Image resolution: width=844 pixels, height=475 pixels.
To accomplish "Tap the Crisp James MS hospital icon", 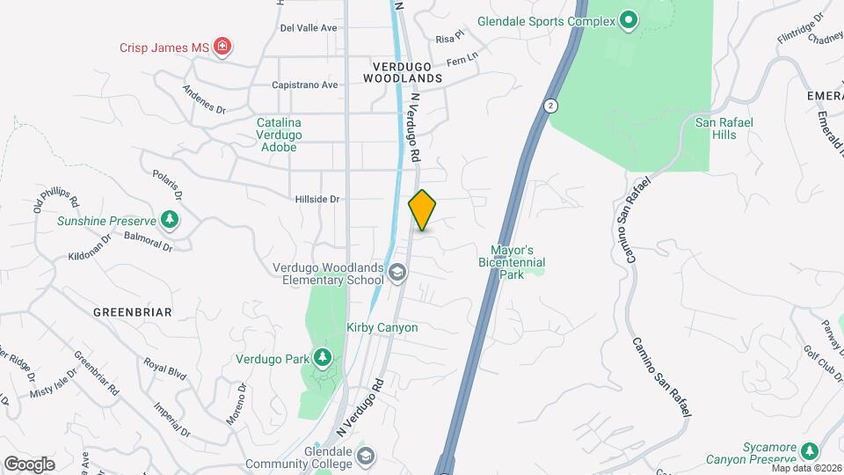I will tap(223, 47).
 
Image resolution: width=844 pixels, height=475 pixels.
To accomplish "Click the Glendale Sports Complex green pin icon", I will tap(628, 19).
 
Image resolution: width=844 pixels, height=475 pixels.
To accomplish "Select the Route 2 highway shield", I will tap(549, 106).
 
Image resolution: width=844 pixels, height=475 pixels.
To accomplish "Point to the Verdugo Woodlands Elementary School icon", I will tap(397, 273).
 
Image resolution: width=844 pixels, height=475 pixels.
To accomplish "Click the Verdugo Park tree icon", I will tap(324, 357).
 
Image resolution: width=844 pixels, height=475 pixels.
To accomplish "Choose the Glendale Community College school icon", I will tap(366, 457).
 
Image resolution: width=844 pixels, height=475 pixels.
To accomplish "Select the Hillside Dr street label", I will tap(316, 200).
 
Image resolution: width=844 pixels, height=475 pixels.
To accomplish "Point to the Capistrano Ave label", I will tap(304, 85).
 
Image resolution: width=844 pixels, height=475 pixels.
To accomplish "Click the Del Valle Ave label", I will tap(309, 28).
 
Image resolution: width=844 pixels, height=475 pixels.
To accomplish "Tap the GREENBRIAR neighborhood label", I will tap(132, 312).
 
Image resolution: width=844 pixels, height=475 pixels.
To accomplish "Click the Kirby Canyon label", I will tap(382, 327).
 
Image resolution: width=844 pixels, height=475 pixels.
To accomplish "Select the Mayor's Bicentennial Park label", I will tap(512, 262).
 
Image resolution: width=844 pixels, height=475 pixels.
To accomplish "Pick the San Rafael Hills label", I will tap(724, 128).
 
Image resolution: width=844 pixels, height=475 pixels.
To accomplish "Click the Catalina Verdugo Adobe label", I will tap(279, 135).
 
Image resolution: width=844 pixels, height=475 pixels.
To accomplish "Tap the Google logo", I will tap(29, 464).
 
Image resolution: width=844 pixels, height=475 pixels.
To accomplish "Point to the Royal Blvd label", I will tap(165, 367).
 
